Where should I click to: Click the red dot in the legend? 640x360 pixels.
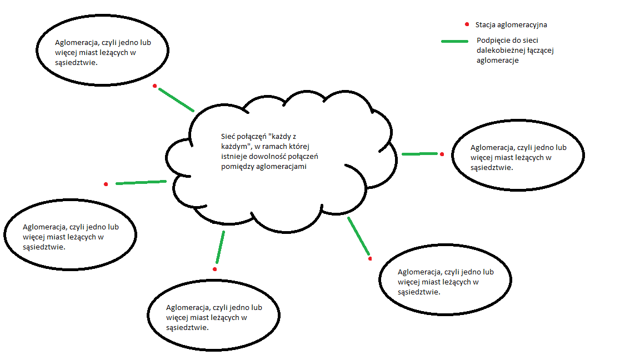[467, 25]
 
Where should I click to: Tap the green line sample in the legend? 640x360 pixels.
[454, 42]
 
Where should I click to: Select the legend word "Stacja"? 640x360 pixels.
[486, 25]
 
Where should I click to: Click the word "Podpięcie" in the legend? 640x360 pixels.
[492, 41]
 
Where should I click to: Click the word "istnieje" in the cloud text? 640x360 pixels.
[233, 156]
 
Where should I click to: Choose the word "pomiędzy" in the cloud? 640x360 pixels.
[236, 166]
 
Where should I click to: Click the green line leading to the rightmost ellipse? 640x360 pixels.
[419, 154]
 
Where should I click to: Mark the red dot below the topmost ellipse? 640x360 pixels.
[155, 86]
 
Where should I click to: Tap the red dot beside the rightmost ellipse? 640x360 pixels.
[442, 154]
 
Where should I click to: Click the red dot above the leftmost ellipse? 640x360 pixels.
[106, 184]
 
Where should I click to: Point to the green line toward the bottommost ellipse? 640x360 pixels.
[220, 247]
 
